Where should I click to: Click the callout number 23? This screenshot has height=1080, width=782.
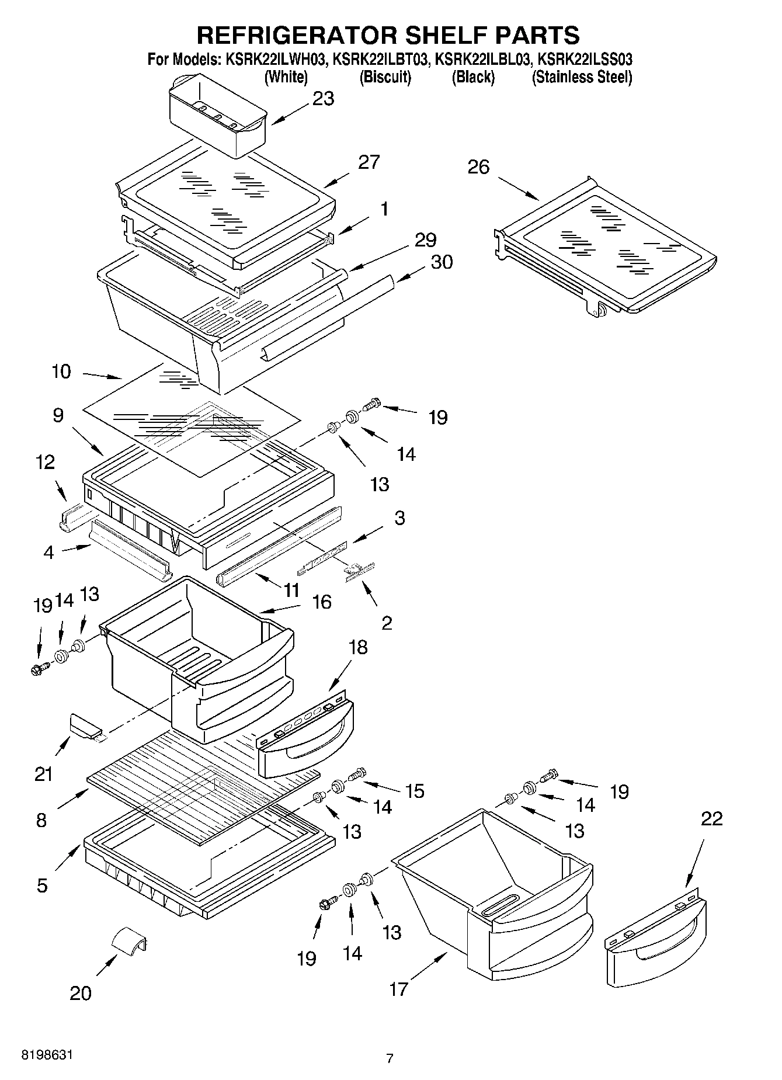[323, 99]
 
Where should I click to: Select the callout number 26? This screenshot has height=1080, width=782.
[478, 167]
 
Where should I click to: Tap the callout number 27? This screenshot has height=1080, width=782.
[369, 162]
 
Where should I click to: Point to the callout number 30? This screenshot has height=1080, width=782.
[442, 262]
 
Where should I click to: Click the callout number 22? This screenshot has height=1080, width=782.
[711, 818]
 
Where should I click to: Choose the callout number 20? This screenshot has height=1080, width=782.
[81, 993]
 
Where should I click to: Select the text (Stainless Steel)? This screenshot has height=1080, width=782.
[582, 77]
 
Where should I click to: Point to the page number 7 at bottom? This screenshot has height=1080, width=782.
[390, 1058]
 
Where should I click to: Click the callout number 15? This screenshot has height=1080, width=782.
[414, 791]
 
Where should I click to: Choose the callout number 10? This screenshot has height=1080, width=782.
[61, 371]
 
